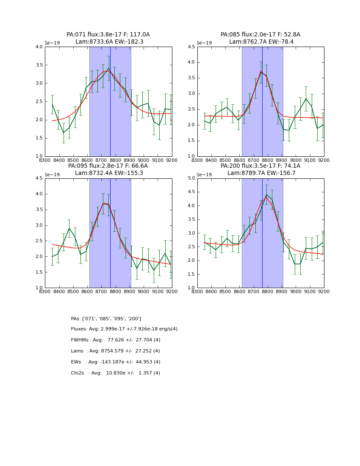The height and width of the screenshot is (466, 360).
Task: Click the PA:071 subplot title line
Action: pos(108,35)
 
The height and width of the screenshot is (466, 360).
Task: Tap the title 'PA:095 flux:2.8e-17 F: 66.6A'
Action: pos(108,166)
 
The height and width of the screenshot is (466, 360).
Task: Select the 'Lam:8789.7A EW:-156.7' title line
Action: pos(261,173)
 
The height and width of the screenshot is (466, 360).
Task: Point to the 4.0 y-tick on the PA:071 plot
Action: pos(39,47)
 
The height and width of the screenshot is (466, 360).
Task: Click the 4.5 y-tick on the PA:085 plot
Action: pos(191,47)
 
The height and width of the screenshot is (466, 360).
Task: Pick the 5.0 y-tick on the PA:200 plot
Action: pos(191,178)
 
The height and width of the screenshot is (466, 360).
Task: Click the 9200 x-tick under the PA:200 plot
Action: pos(324,291)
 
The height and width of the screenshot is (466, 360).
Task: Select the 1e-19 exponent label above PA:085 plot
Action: pos(205,43)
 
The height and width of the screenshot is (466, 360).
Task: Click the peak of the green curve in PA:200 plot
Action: pos(266,195)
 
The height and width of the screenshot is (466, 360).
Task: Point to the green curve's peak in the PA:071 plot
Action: pos(108,68)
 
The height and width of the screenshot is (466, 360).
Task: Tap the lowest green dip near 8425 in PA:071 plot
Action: pos(64,133)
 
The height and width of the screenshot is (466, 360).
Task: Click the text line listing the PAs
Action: pos(106,319)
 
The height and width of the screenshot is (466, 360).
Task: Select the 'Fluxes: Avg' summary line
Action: pos(124,329)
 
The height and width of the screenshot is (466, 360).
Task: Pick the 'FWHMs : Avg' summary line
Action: pos(116,340)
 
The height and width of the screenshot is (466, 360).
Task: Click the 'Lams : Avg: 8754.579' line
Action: pos(115,351)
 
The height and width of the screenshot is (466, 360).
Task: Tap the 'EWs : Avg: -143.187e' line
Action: pos(116,362)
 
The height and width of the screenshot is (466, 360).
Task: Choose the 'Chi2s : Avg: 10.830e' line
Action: pos(116,373)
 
